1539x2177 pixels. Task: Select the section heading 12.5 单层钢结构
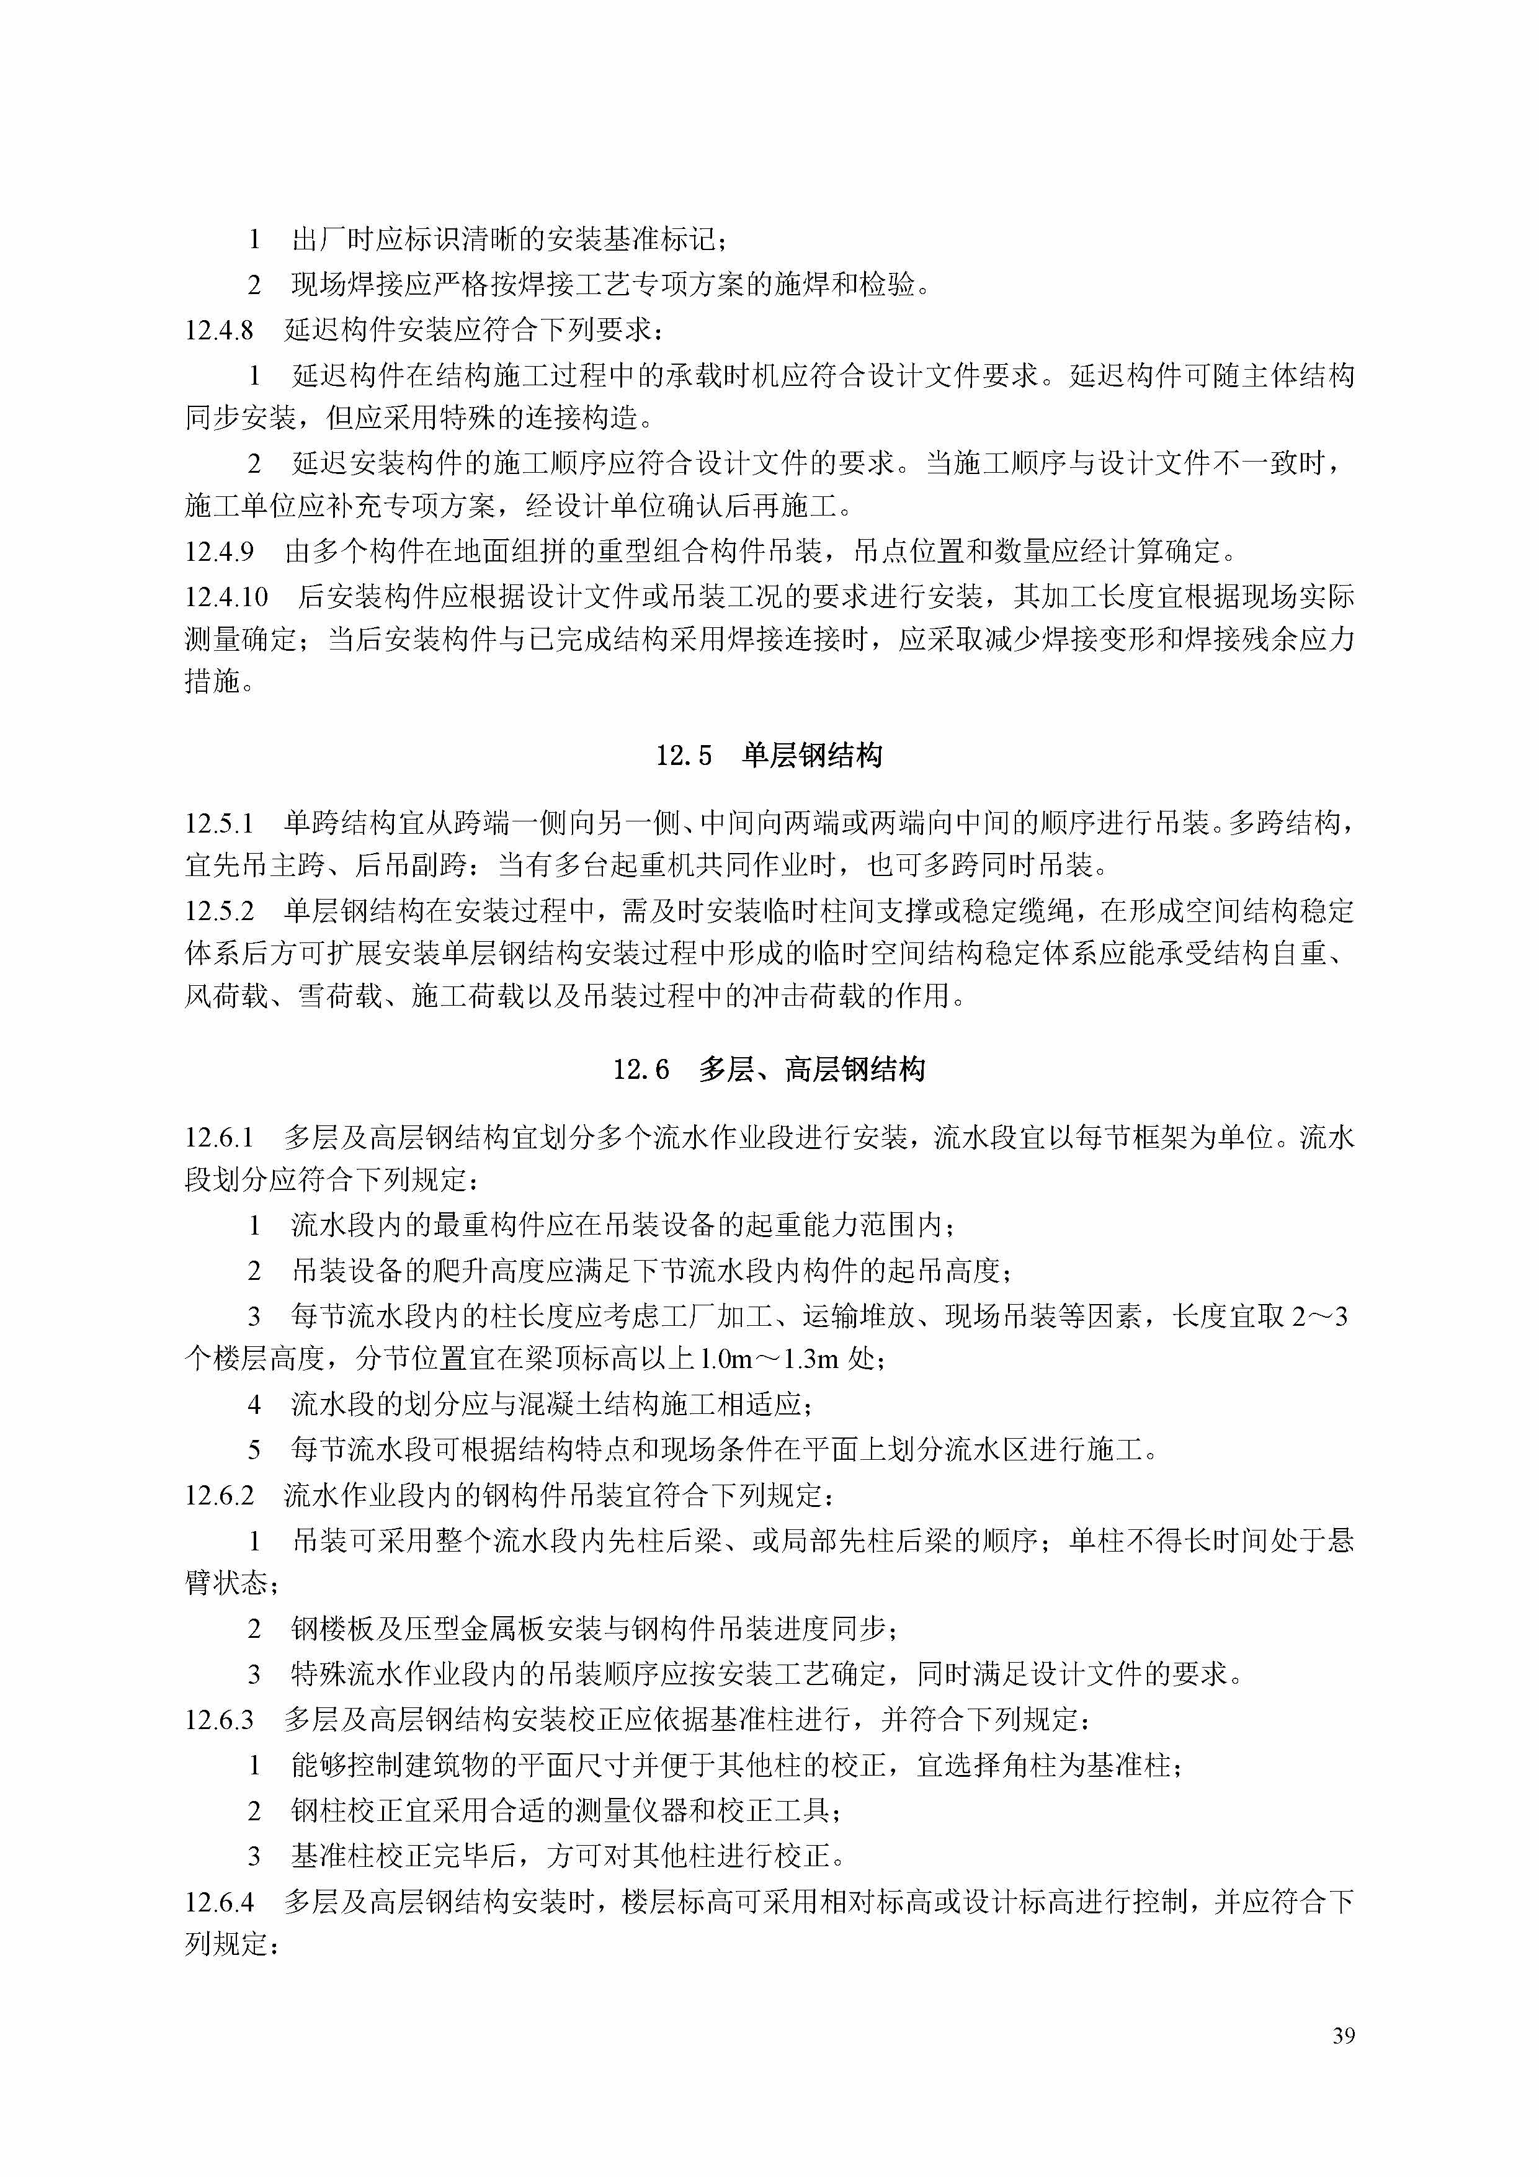coord(769,755)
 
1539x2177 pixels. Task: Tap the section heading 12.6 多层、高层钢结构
coord(769,1070)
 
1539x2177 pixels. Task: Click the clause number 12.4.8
coord(219,330)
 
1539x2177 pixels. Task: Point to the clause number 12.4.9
coord(219,551)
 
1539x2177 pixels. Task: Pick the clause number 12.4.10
coord(226,596)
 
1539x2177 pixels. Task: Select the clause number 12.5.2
coord(219,911)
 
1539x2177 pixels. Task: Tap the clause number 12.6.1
coord(219,1137)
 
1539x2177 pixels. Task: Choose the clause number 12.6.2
coord(219,1495)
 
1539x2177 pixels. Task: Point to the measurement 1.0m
coord(725,1360)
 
